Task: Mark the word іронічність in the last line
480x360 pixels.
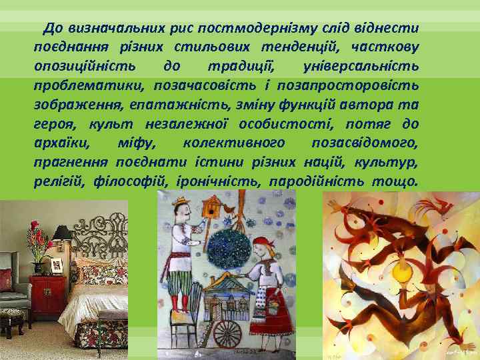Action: [x=219, y=182]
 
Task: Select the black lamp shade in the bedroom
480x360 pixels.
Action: [x=61, y=233]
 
